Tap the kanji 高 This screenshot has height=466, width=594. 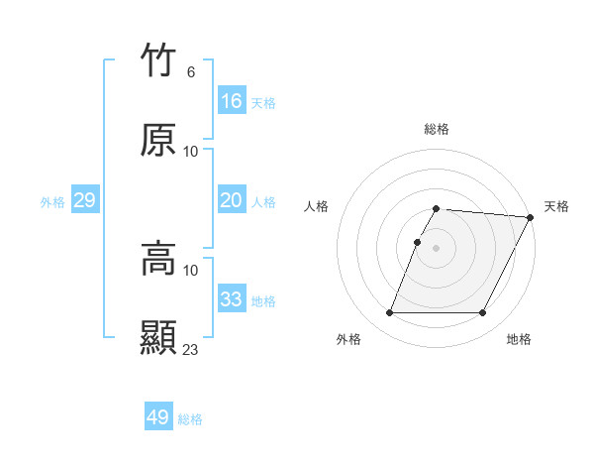point(159,260)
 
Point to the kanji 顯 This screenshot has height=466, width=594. point(159,337)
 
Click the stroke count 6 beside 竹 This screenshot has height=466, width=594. point(190,71)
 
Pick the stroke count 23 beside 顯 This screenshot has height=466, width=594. point(191,349)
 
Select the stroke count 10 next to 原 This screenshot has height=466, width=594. point(191,151)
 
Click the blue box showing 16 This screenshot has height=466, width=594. point(232,101)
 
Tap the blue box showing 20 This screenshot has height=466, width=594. point(232,200)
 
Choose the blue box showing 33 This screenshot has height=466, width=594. point(232,299)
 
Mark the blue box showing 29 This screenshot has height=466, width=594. point(84,200)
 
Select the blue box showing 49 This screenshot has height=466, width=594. point(158,417)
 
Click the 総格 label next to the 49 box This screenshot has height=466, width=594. point(191,419)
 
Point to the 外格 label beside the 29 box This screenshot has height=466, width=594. point(52,202)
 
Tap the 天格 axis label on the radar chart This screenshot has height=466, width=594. point(557,206)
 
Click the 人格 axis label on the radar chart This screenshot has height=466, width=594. point(317,206)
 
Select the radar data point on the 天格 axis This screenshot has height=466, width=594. point(532,217)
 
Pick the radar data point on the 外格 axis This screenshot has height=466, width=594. point(389,313)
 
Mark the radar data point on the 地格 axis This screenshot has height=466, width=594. point(483,313)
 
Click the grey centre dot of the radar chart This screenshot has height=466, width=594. point(437,248)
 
